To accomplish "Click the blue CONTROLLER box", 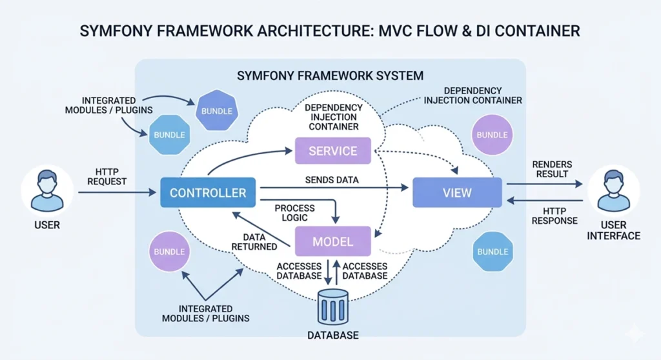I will [x=207, y=193].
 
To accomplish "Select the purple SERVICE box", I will [x=332, y=151].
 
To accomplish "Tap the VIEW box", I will [x=457, y=192].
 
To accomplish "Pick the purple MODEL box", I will [x=332, y=242].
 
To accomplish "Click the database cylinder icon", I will [x=332, y=306].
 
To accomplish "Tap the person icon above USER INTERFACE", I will [x=613, y=190].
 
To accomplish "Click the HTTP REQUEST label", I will [x=107, y=177].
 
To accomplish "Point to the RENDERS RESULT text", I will [x=552, y=169].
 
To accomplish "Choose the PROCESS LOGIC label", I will [x=294, y=213].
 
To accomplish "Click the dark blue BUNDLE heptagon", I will [x=217, y=111].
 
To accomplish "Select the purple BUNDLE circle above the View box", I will [x=492, y=135].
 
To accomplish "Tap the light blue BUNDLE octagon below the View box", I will [x=492, y=251].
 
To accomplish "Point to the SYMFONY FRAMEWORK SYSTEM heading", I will [x=330, y=75].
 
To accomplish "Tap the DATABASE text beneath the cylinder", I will [x=332, y=335].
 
